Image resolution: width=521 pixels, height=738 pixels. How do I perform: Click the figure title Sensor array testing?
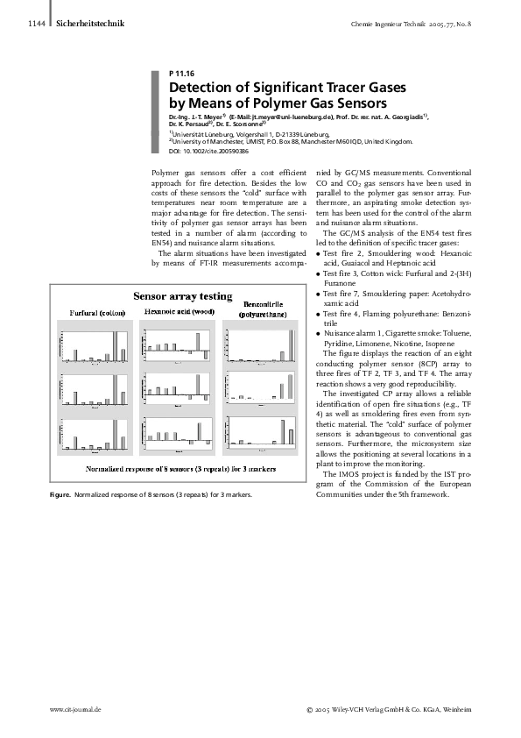tap(182, 295)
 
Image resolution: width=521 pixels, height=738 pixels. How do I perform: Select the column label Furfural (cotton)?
tap(97, 312)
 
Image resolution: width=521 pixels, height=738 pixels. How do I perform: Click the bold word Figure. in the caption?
tap(60, 495)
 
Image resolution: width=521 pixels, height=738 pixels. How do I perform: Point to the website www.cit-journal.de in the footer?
tap(77, 708)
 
